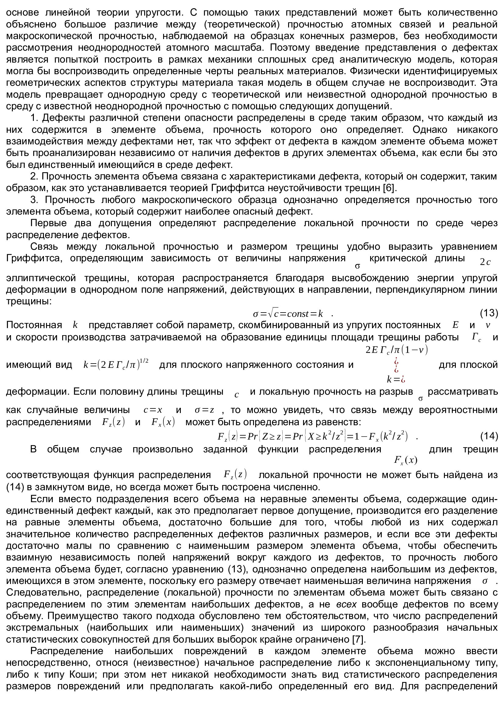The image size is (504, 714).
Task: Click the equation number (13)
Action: [489, 313]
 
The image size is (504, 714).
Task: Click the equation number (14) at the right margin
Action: [489, 436]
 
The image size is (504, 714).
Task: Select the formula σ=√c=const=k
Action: [288, 314]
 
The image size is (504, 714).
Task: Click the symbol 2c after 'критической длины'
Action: [485, 262]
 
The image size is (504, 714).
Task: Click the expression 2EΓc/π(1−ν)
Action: [397, 350]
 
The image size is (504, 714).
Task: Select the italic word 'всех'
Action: [346, 604]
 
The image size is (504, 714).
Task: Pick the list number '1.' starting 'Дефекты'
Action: [34, 118]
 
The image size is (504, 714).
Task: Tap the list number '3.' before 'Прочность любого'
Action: [34, 200]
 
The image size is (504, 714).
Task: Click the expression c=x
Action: [153, 410]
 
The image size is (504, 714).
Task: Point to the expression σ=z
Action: [204, 410]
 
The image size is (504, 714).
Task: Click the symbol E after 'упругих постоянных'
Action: [455, 325]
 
